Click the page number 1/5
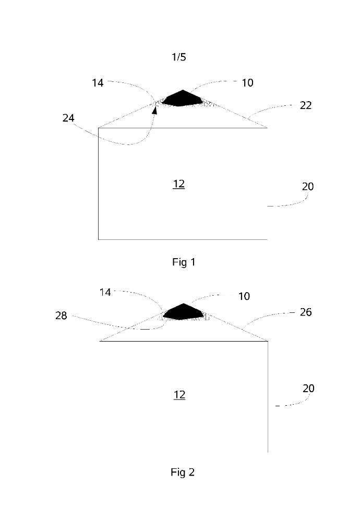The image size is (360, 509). [178, 57]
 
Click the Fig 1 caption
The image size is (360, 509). [183, 262]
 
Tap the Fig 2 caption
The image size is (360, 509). [183, 472]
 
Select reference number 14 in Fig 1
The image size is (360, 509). [98, 82]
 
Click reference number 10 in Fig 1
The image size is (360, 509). [247, 82]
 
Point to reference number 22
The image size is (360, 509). [306, 105]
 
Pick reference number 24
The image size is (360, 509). [68, 118]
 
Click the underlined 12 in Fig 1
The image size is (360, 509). [179, 184]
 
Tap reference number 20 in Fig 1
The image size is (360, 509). [307, 186]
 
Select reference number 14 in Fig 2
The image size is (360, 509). [105, 293]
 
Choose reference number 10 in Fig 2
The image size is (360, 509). [244, 296]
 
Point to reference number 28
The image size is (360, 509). [61, 316]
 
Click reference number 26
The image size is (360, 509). [306, 312]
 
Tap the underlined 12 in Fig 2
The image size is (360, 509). [179, 395]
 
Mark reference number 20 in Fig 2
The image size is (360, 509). [307, 389]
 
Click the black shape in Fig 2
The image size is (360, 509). [183, 311]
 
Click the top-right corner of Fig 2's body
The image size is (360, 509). [268, 341]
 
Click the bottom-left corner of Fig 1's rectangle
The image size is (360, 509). [99, 239]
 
